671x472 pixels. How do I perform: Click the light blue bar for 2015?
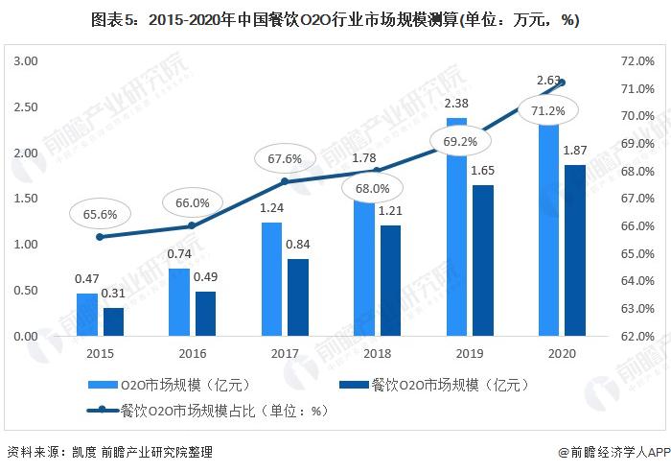(87, 315)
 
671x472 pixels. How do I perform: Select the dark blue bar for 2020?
(575, 250)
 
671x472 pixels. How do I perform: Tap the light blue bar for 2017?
(272, 279)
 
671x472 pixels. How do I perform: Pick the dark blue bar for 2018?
(390, 280)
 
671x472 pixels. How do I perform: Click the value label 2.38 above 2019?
(457, 104)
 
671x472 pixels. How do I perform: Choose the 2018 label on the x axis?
(378, 353)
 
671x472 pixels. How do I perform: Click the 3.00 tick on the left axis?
(24, 60)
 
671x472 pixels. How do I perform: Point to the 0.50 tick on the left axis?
(24, 291)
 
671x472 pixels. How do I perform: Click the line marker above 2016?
(193, 225)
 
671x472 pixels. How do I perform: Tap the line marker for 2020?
(563, 83)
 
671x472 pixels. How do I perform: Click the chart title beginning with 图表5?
(335, 20)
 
